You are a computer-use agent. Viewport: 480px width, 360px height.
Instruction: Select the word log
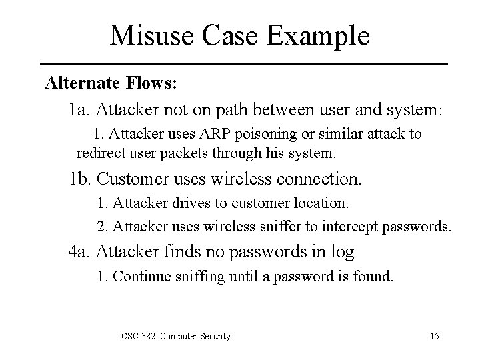click(345, 252)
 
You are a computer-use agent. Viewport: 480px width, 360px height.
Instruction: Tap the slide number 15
click(434, 336)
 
